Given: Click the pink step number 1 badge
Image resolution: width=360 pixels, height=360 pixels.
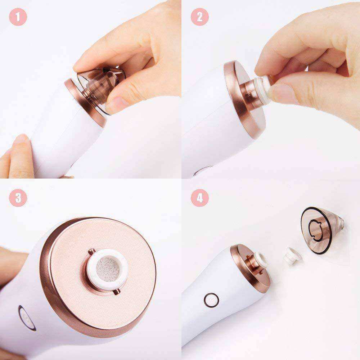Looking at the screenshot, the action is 18,17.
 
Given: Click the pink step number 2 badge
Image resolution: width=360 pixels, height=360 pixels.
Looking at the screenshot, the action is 200,17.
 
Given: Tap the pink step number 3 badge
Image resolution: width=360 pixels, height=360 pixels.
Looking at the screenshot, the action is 18,198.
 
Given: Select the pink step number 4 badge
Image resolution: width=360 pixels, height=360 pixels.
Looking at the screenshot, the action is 200,198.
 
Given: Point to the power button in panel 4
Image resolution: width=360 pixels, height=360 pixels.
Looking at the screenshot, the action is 211,300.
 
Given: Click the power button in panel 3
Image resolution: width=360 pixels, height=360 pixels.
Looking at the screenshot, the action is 27,318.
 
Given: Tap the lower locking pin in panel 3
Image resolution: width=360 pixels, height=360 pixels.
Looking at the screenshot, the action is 117,292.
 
